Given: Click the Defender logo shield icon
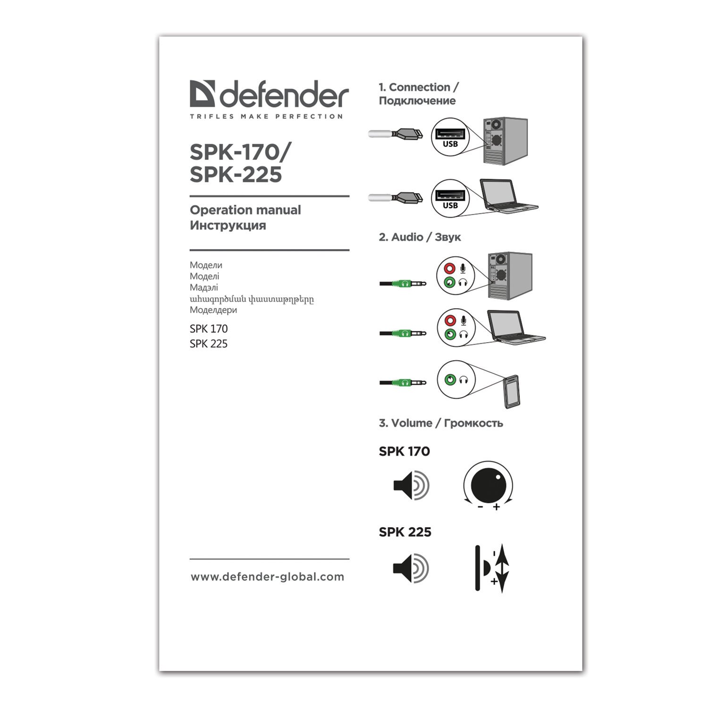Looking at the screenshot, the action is [x=202, y=93].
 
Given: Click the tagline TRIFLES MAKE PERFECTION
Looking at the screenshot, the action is [x=266, y=117].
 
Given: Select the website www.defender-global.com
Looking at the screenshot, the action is [x=268, y=577].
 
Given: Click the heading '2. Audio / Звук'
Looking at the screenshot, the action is [x=420, y=237].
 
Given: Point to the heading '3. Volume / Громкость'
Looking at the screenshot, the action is [x=441, y=423].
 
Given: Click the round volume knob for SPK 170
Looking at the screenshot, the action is [x=488, y=485].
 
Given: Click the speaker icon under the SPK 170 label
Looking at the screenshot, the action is [x=411, y=485].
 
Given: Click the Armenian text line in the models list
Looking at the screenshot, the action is [x=252, y=299].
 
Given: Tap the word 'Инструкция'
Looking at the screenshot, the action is [x=228, y=226].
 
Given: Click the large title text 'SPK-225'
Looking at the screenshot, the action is [x=236, y=175].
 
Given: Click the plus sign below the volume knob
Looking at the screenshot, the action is [x=496, y=507].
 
